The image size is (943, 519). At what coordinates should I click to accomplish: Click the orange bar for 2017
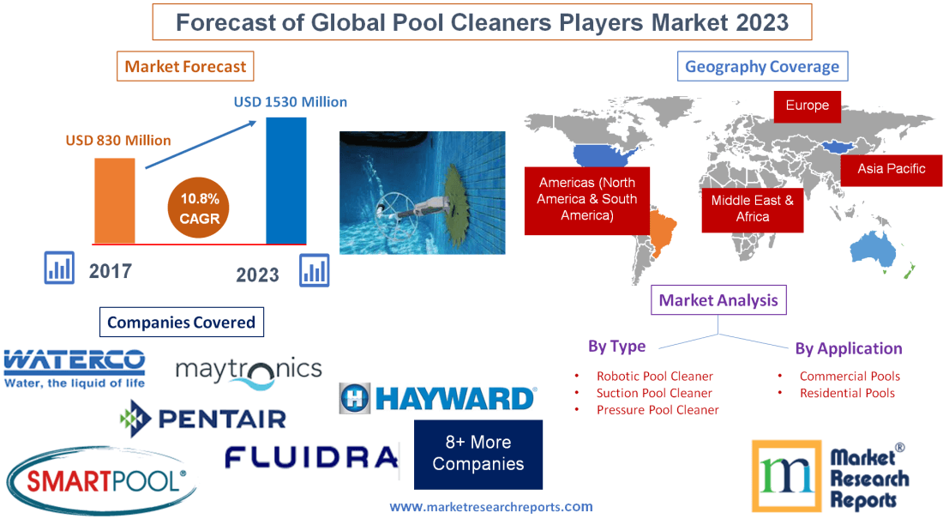(114, 199)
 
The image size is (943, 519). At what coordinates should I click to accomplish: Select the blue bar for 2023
(285, 179)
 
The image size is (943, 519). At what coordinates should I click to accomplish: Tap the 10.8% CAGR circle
(200, 208)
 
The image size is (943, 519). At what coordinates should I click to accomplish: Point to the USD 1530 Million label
(291, 102)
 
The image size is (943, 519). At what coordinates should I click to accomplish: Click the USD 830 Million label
(118, 140)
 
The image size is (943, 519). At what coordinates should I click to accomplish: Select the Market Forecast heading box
(185, 66)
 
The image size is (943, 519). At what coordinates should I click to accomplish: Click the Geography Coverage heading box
(762, 66)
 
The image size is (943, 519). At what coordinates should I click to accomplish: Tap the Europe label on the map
(807, 106)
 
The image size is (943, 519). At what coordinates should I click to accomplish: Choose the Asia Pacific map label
(891, 169)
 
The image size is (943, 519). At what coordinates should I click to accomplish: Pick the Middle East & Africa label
(752, 208)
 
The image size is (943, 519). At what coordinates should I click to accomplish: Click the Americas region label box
(587, 199)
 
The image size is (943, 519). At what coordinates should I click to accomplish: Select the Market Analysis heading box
(718, 300)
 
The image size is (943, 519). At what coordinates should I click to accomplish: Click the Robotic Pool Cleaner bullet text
(655, 376)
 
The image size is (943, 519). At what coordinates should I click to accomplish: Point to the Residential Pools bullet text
(847, 393)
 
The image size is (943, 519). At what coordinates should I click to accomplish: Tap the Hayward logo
(437, 398)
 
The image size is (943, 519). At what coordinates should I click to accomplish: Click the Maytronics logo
(249, 369)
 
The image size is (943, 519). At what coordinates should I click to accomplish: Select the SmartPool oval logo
(101, 479)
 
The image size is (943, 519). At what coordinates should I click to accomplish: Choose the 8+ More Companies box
(478, 454)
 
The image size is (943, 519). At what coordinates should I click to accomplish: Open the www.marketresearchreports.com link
(491, 506)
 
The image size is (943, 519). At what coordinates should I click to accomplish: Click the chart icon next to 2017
(60, 268)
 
